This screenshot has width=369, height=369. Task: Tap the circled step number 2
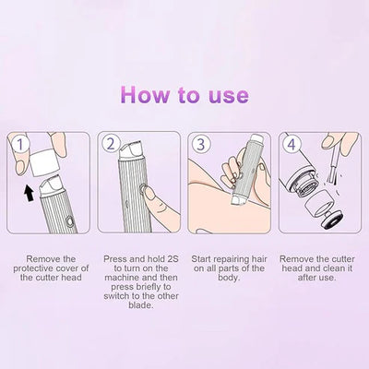click(110, 144)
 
